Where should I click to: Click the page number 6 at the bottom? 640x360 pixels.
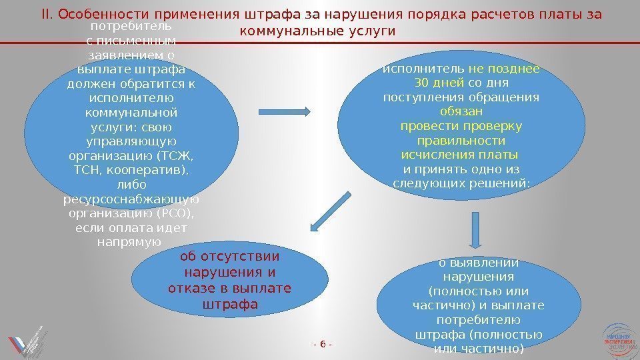323,344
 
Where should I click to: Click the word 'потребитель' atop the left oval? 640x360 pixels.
130,27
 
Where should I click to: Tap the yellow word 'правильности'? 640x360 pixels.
461,141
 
